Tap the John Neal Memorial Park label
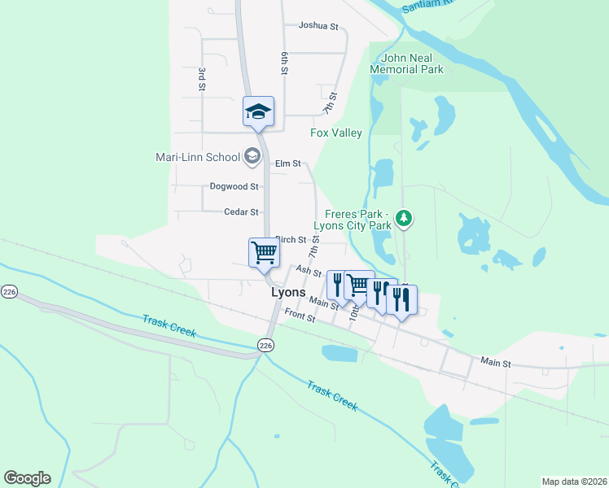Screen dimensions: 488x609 click(407, 63)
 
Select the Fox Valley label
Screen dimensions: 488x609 click(336, 133)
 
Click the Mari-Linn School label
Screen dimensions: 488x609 click(198, 157)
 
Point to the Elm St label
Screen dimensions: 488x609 click(288, 163)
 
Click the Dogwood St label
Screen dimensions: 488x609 click(234, 186)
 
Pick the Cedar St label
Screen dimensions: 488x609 click(241, 211)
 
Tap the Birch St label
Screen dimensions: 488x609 click(291, 240)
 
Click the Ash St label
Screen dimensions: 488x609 click(309, 270)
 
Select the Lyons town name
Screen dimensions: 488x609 click(288, 293)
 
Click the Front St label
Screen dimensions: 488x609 click(300, 318)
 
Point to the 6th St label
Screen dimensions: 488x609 click(285, 63)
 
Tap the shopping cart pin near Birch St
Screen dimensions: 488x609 click(264, 252)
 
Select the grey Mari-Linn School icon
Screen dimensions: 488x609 click(252, 156)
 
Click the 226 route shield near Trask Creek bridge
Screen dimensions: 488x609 click(267, 345)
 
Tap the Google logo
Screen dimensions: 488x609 click(27, 478)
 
